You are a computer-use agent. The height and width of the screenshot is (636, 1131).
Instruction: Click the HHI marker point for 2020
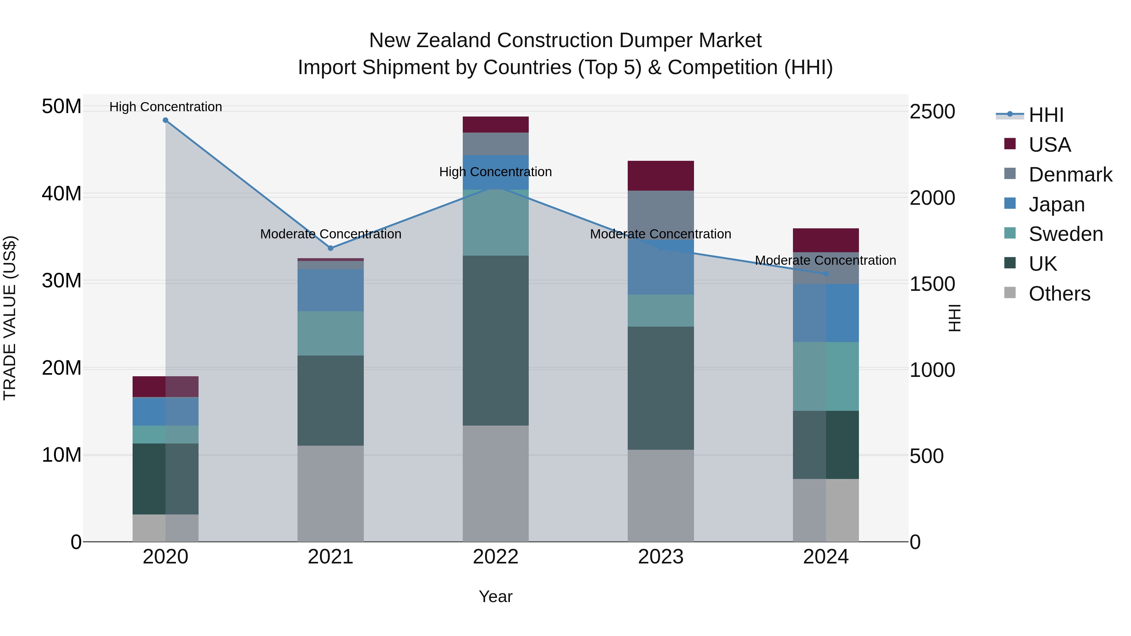tap(166, 120)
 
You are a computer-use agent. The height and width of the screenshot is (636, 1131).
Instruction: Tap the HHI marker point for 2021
tap(331, 248)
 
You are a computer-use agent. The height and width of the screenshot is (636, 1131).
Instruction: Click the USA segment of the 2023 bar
tap(660, 176)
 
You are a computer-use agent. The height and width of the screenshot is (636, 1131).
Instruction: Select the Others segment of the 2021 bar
tap(331, 493)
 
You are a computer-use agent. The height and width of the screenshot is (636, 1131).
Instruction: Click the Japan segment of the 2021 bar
tap(331, 290)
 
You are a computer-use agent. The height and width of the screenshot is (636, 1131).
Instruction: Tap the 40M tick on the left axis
tap(62, 193)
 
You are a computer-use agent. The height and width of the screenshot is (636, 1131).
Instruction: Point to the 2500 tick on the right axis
tap(932, 111)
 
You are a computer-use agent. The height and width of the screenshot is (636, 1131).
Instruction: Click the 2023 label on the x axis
tap(660, 557)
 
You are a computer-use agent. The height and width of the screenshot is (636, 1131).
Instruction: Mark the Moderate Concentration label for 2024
tap(825, 260)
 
